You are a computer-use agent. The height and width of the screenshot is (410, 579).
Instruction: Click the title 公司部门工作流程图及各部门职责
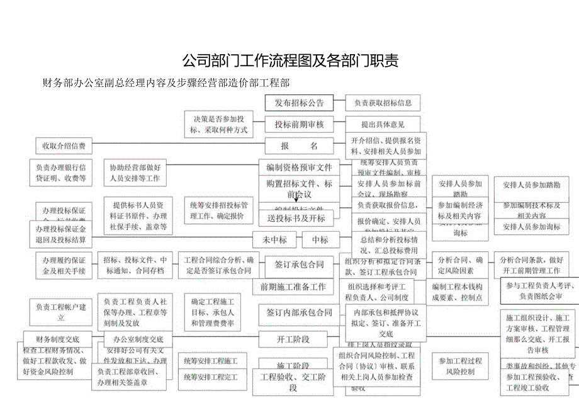point(289,61)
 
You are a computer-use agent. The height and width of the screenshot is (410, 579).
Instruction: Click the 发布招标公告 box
point(299,103)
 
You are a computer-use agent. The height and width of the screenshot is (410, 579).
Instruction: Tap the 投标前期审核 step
point(299,125)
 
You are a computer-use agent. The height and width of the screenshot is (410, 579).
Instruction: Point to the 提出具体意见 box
point(383,125)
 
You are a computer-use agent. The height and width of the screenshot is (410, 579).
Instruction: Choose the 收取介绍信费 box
point(64,146)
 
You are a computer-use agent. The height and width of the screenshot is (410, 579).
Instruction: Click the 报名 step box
point(299,146)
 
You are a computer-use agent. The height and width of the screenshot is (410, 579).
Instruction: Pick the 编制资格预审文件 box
point(299,168)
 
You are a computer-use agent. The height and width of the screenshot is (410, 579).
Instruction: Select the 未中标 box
point(274,240)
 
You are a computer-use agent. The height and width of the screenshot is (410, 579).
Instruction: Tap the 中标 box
point(320,240)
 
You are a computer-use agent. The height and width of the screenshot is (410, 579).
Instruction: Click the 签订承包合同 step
point(299,265)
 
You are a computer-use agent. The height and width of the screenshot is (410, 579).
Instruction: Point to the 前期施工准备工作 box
point(293,287)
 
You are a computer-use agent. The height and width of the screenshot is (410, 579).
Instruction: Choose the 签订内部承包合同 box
point(299,313)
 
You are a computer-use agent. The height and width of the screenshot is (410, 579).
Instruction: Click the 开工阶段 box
point(293,339)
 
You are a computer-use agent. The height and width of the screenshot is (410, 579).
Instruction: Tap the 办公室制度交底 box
point(138,339)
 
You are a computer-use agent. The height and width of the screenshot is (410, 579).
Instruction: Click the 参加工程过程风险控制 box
point(460,366)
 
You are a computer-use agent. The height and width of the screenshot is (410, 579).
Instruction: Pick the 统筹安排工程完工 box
point(211,377)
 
